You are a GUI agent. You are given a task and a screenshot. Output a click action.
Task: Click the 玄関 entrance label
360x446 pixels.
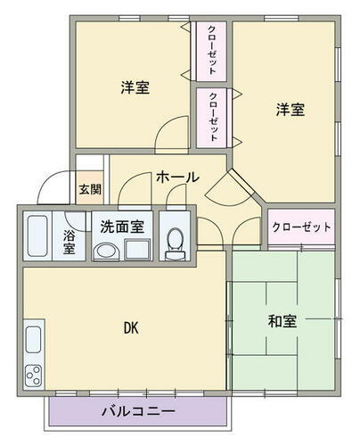tap(89, 189)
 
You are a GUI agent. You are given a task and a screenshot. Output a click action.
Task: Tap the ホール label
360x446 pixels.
tap(177, 178)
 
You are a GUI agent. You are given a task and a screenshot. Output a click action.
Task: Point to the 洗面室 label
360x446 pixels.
tap(122, 227)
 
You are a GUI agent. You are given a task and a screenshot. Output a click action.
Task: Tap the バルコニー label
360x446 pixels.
tap(137, 412)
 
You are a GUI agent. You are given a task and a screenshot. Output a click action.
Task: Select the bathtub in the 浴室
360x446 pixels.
tap(37, 236)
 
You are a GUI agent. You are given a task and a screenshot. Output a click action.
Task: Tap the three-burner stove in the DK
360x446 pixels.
tap(34, 374)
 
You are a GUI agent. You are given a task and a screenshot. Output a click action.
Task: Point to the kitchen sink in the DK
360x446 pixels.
tap(33, 340)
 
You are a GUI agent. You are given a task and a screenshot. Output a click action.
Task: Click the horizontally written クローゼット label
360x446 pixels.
tap(301, 227)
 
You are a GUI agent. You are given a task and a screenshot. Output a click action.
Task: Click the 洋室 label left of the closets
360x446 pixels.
tap(134, 88)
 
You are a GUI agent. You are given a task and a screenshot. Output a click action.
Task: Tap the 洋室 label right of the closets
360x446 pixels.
tap(289, 110)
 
